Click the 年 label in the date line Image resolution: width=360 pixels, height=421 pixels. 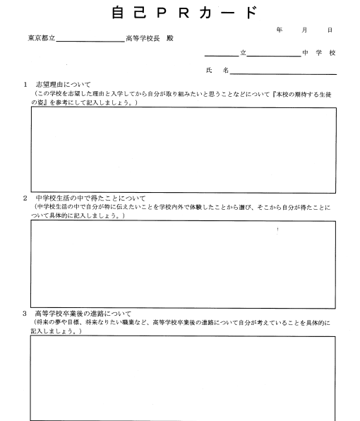280,31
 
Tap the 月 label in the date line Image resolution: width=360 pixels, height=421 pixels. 305,31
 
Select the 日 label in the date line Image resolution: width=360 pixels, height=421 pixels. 330,31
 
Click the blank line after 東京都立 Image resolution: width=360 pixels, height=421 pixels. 90,41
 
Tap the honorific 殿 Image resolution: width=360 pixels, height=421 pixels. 169,38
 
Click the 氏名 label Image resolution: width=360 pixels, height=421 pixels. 217,71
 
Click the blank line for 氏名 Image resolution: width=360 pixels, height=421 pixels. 282,73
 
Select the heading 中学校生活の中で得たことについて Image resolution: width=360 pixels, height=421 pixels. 89,198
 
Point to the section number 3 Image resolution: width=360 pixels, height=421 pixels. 25,313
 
